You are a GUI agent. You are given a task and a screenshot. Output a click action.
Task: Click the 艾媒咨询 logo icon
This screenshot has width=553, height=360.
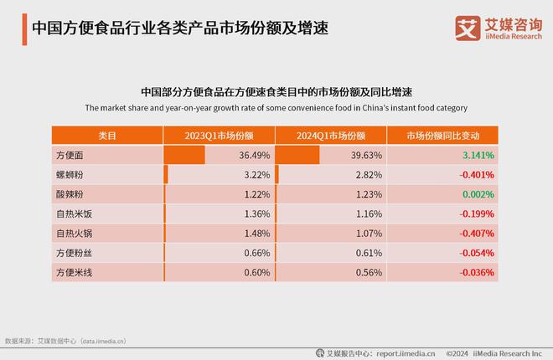click(x=467, y=28)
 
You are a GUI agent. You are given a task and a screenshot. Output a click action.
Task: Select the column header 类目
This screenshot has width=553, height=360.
click(x=106, y=136)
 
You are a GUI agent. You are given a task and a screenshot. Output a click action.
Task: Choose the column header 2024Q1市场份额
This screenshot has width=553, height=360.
click(x=331, y=136)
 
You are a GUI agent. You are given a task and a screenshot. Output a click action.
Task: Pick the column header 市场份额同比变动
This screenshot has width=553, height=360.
click(x=443, y=136)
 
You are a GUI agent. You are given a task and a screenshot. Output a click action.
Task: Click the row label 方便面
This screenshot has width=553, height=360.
click(x=70, y=156)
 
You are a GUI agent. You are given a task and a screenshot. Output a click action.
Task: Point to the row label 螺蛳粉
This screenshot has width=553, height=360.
click(x=70, y=175)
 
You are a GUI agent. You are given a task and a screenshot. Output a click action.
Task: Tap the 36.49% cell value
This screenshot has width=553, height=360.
click(x=253, y=156)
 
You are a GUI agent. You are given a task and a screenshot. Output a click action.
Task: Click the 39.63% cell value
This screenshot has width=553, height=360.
click(x=366, y=156)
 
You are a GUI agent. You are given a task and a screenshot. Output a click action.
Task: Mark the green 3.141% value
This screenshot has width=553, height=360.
click(x=478, y=156)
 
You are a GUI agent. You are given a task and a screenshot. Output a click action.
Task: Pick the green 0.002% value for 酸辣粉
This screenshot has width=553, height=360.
click(x=478, y=194)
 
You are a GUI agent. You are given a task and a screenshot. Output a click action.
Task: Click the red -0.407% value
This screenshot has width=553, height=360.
click(x=476, y=233)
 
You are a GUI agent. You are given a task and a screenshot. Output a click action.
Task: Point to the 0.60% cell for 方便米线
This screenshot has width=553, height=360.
click(x=256, y=272)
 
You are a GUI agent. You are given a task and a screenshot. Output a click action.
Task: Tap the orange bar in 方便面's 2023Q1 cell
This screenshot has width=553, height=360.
click(x=183, y=156)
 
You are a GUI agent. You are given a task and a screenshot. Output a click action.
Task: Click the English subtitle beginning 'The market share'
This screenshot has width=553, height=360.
click(x=276, y=108)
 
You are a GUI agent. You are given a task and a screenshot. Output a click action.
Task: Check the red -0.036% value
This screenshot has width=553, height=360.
click(x=476, y=272)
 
